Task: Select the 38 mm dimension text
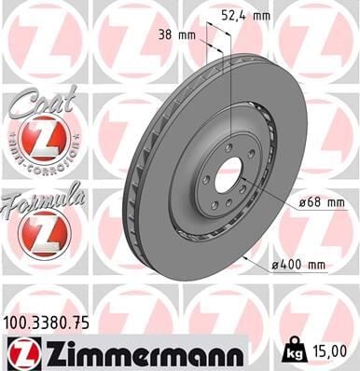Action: (185, 36)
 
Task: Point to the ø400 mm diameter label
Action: (298, 265)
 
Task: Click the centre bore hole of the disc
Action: (228, 174)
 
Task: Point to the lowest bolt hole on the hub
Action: (216, 206)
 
